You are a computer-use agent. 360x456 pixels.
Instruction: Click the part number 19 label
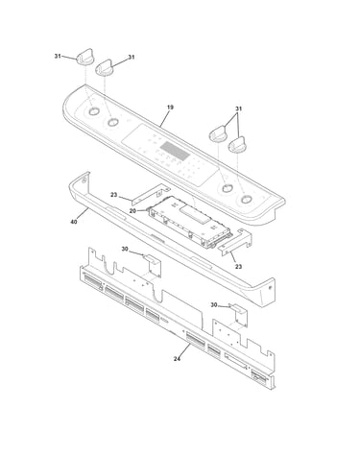[x=170, y=108]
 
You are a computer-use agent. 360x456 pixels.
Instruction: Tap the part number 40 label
[x=74, y=222]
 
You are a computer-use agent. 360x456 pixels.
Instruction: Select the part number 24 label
[x=177, y=359]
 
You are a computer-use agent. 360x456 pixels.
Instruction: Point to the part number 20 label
[x=132, y=210]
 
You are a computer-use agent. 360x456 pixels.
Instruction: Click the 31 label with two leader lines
[x=238, y=108]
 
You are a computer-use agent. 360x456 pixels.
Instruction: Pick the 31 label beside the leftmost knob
[x=58, y=56]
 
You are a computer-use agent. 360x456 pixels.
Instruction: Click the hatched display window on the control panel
[x=175, y=151]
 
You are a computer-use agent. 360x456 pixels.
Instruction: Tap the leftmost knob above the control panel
[x=84, y=58]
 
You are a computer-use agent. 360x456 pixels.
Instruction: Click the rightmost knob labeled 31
[x=237, y=145]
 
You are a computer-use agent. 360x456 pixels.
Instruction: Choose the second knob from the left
[x=104, y=68]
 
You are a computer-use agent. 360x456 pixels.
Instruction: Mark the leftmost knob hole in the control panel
[x=94, y=111]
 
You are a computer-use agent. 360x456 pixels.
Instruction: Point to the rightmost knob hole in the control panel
[x=246, y=200]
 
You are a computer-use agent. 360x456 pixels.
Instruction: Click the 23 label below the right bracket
[x=238, y=267]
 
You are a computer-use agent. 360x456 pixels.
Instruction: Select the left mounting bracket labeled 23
[x=151, y=194]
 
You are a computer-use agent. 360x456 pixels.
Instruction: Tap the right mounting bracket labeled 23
[x=234, y=242]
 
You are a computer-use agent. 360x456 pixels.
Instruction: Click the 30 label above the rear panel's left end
[x=125, y=249]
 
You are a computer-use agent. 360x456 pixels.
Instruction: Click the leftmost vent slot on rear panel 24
[x=93, y=280]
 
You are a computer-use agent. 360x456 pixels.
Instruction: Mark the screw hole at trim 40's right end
[x=270, y=287]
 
